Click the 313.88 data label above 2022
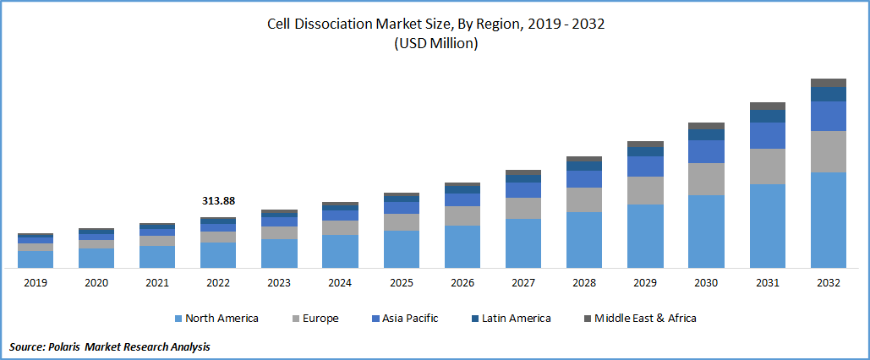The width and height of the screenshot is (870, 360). (218, 201)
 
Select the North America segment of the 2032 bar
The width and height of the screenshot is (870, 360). (829, 220)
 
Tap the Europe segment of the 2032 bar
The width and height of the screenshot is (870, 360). (829, 151)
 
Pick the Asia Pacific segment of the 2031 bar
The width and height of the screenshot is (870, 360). (768, 135)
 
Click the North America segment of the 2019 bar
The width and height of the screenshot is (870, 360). (36, 259)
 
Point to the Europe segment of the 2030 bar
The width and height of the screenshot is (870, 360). (706, 179)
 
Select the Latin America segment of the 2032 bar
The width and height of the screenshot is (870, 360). (829, 94)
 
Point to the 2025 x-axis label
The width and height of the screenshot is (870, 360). (402, 283)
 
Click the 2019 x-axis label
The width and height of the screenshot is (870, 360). (36, 283)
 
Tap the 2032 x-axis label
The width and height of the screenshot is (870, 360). (829, 283)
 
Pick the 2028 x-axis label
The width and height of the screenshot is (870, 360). (584, 283)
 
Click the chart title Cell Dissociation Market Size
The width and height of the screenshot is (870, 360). (435, 25)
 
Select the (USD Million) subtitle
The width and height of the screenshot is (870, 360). (435, 44)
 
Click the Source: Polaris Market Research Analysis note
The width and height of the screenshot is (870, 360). (110, 346)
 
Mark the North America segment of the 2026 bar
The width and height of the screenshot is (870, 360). (462, 247)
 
